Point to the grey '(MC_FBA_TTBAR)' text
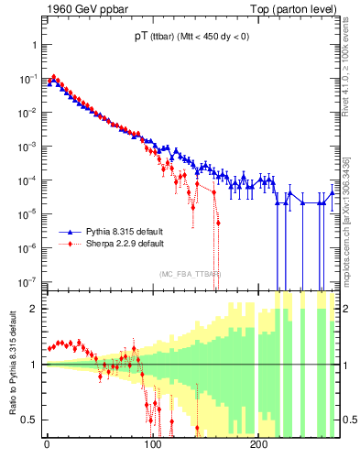(190, 274)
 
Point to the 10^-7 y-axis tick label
(27, 281)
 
